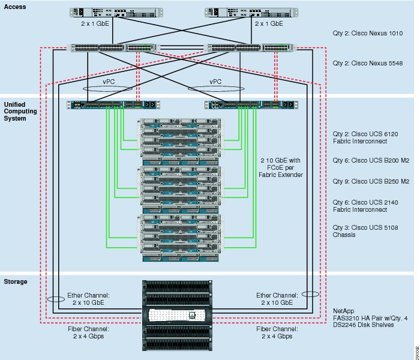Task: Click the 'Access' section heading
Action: point(15,7)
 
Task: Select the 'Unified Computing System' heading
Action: point(20,112)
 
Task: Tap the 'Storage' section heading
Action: point(16,281)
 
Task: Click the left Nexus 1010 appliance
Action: point(116,13)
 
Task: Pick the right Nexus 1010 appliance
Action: point(251,13)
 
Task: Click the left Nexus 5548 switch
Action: point(113,47)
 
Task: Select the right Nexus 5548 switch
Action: point(250,47)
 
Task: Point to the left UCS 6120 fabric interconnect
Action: point(113,105)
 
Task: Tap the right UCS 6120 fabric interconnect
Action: point(251,105)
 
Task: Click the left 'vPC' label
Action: point(109,82)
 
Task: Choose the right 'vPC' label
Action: point(215,82)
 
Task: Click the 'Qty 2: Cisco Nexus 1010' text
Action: point(367,33)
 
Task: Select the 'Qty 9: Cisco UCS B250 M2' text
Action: point(371,181)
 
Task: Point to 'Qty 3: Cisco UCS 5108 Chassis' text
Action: point(365,231)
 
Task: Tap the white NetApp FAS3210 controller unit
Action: point(177,315)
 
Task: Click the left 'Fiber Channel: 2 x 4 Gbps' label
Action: point(88,332)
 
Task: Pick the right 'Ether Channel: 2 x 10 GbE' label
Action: point(277,299)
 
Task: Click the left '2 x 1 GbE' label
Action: point(95,23)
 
